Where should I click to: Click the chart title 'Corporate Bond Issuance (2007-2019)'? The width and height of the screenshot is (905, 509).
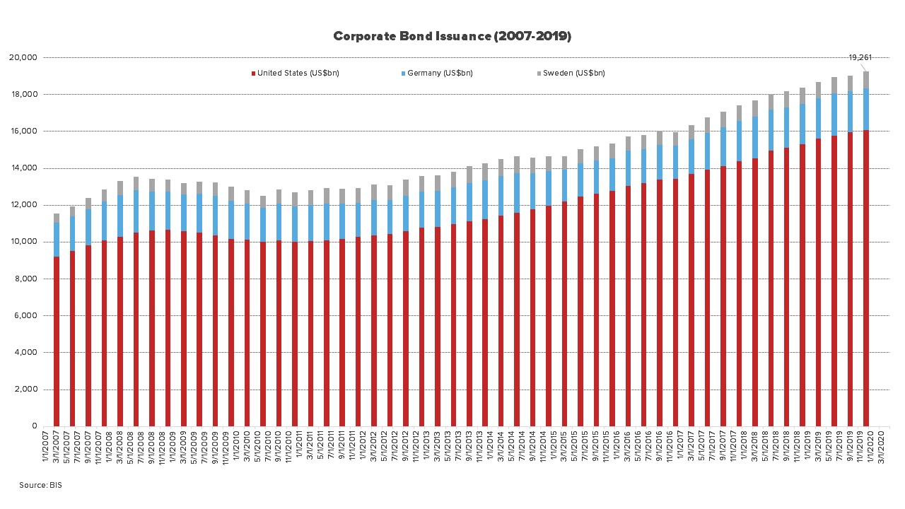pos(452,36)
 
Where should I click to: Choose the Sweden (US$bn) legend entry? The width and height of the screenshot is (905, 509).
pos(573,73)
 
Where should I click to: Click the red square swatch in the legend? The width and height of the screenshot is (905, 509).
pos(253,73)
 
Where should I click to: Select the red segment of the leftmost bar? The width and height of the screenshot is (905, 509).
pos(57,339)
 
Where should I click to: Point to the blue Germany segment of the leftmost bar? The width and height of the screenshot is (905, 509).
pos(57,239)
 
